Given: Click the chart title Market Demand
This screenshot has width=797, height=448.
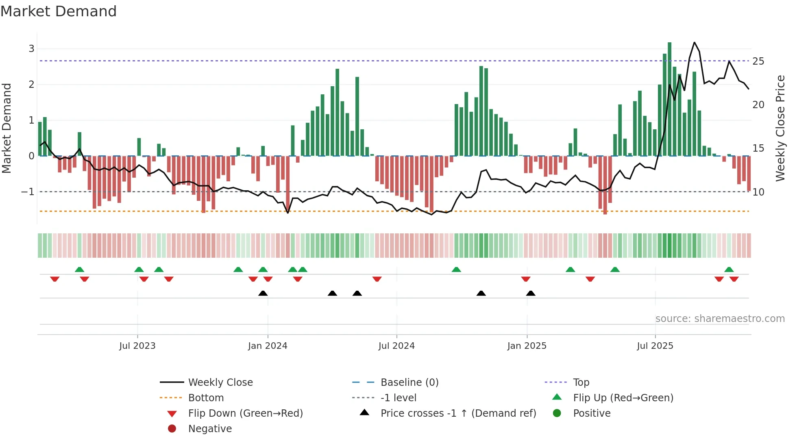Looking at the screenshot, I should [59, 11].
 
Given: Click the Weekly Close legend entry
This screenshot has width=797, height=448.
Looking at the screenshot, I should [220, 382].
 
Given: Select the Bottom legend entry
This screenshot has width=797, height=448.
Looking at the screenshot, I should [206, 398].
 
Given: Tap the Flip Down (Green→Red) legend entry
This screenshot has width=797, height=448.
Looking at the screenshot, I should [245, 413].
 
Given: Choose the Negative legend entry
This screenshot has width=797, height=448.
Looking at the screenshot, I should [210, 428].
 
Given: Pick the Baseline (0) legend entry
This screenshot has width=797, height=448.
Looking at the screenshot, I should [409, 382].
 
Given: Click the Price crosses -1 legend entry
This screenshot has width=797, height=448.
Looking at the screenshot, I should [458, 413].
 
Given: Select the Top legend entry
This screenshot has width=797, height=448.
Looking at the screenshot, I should [581, 382].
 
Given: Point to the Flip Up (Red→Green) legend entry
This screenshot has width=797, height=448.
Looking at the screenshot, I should [623, 398].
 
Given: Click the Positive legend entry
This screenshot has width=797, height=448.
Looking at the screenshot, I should [592, 413].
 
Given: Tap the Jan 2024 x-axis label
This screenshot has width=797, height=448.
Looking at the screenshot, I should [268, 346].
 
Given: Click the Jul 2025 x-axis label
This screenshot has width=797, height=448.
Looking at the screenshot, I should [655, 346].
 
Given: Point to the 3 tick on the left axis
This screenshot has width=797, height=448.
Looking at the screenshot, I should [31, 49].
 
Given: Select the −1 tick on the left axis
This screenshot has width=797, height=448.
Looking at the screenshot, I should [28, 191].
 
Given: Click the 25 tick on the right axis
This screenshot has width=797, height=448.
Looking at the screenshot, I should [758, 61].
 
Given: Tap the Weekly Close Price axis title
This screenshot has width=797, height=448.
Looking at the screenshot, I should [780, 128].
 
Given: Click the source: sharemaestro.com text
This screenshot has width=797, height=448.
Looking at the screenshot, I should [720, 318].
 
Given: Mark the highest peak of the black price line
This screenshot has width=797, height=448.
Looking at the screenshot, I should [695, 42].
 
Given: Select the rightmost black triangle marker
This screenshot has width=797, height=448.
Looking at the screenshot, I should [531, 293].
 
